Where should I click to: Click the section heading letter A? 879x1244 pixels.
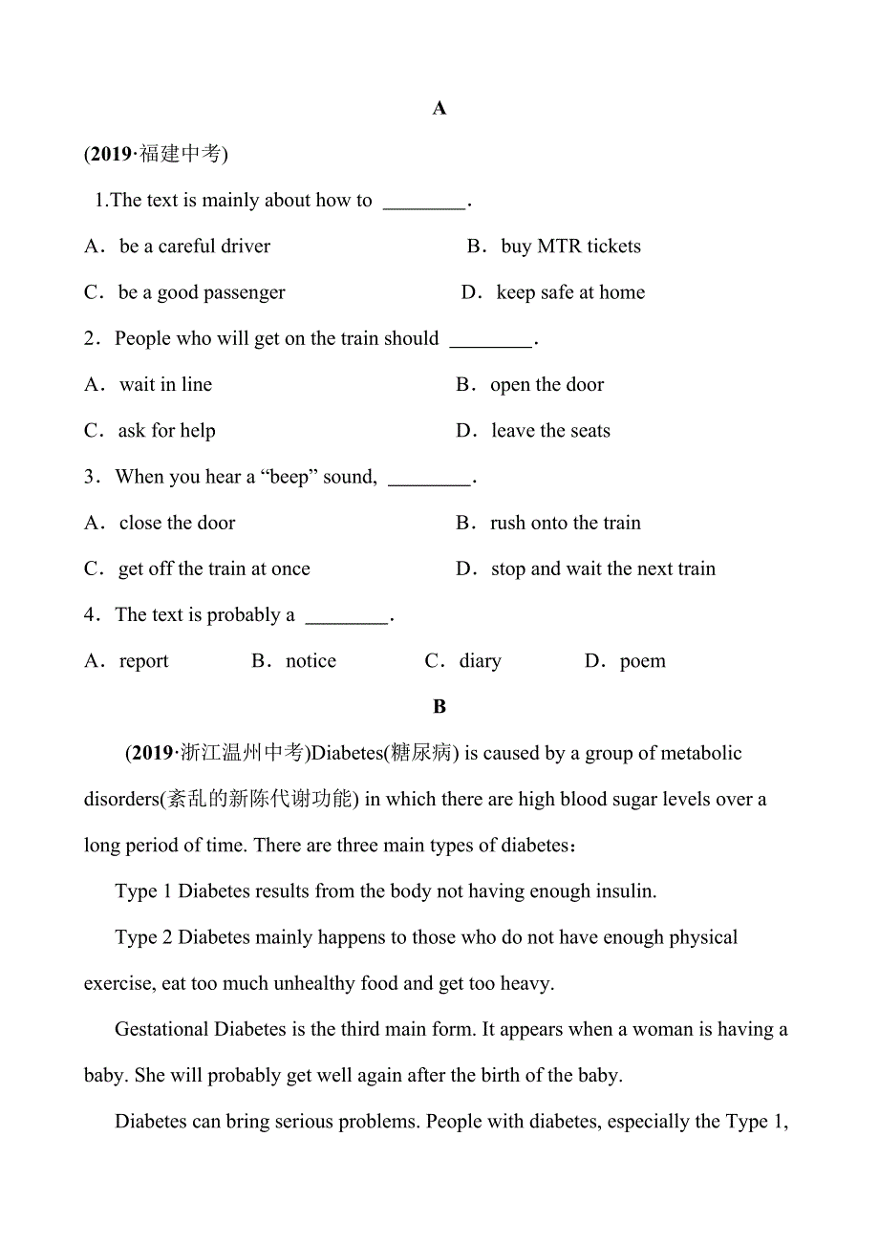[439, 109]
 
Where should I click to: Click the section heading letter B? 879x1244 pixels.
[439, 707]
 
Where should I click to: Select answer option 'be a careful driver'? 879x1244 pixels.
[194, 247]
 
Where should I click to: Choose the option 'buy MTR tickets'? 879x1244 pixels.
[570, 247]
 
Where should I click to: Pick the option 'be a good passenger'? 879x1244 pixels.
[201, 292]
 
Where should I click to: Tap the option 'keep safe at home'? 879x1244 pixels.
[570, 292]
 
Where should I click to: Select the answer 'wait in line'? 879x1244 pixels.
[165, 385]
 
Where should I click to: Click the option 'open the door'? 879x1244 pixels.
[547, 385]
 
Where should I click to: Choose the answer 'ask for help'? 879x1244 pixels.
[166, 431]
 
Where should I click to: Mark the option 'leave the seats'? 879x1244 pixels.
[550, 431]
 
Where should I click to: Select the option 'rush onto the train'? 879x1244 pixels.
[565, 524]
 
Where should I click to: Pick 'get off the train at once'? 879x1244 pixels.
[214, 569]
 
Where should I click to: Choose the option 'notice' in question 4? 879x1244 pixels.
[311, 661]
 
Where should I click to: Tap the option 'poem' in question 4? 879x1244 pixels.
[642, 661]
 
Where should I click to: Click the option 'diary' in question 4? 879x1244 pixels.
[480, 661]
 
